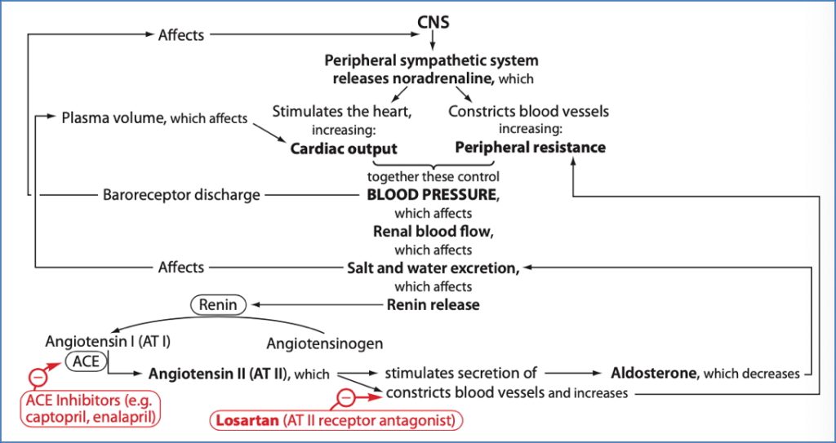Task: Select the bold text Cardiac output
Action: tap(344, 148)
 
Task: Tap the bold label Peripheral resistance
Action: tap(530, 148)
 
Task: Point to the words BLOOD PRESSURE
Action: tap(430, 195)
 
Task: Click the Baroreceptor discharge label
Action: tap(181, 195)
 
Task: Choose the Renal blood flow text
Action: tap(433, 231)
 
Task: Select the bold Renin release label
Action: tap(433, 304)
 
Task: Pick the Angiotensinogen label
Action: tap(325, 343)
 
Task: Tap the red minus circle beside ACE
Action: tap(38, 377)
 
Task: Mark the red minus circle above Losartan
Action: tap(346, 397)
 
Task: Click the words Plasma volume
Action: tap(113, 118)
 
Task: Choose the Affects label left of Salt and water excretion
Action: tap(181, 267)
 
